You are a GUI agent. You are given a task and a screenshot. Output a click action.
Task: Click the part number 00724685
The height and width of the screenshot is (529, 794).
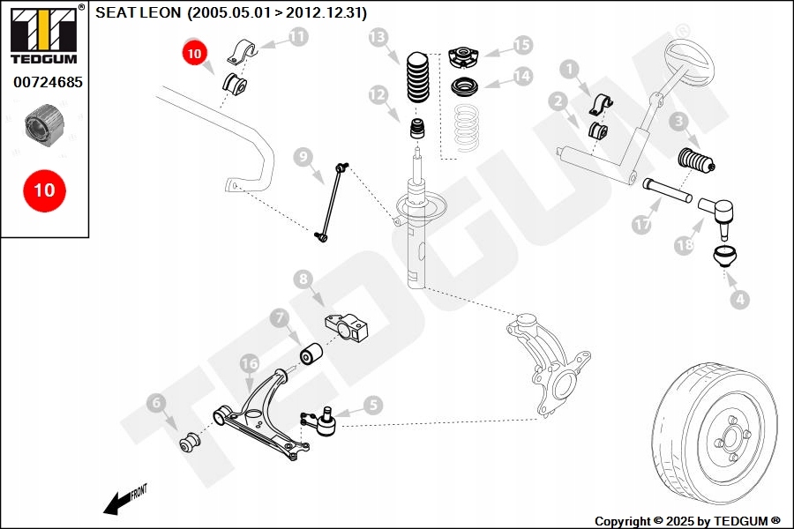[x=48, y=82]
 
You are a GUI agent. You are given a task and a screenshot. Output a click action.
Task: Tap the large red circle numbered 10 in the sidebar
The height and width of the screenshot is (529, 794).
[x=45, y=190]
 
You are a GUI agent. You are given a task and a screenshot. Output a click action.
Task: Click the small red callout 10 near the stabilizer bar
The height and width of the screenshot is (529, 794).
[x=194, y=54]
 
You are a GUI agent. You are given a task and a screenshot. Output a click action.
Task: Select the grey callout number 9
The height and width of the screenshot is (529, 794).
[x=303, y=157]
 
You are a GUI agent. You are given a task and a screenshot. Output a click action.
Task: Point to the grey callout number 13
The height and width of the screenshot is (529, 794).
[x=378, y=37]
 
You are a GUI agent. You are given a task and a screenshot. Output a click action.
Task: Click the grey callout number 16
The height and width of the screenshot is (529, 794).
[x=250, y=363]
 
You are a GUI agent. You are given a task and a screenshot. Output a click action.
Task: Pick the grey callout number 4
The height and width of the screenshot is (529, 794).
[x=740, y=299]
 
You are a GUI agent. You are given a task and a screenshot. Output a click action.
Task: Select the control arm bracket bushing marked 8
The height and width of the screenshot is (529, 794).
[x=347, y=326]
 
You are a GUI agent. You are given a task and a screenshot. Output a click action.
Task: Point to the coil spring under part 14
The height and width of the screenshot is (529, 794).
[x=466, y=128]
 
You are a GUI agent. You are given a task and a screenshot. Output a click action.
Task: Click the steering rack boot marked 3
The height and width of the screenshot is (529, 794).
[x=696, y=161]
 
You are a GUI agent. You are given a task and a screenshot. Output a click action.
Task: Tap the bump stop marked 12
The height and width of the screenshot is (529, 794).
[x=417, y=128]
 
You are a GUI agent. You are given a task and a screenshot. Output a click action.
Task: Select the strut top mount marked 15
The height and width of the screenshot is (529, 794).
[x=462, y=56]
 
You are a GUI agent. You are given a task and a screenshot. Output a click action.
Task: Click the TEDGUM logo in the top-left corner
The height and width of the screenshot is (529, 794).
[x=44, y=34]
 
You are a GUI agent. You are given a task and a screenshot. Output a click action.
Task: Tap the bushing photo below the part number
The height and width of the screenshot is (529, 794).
[x=45, y=125]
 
